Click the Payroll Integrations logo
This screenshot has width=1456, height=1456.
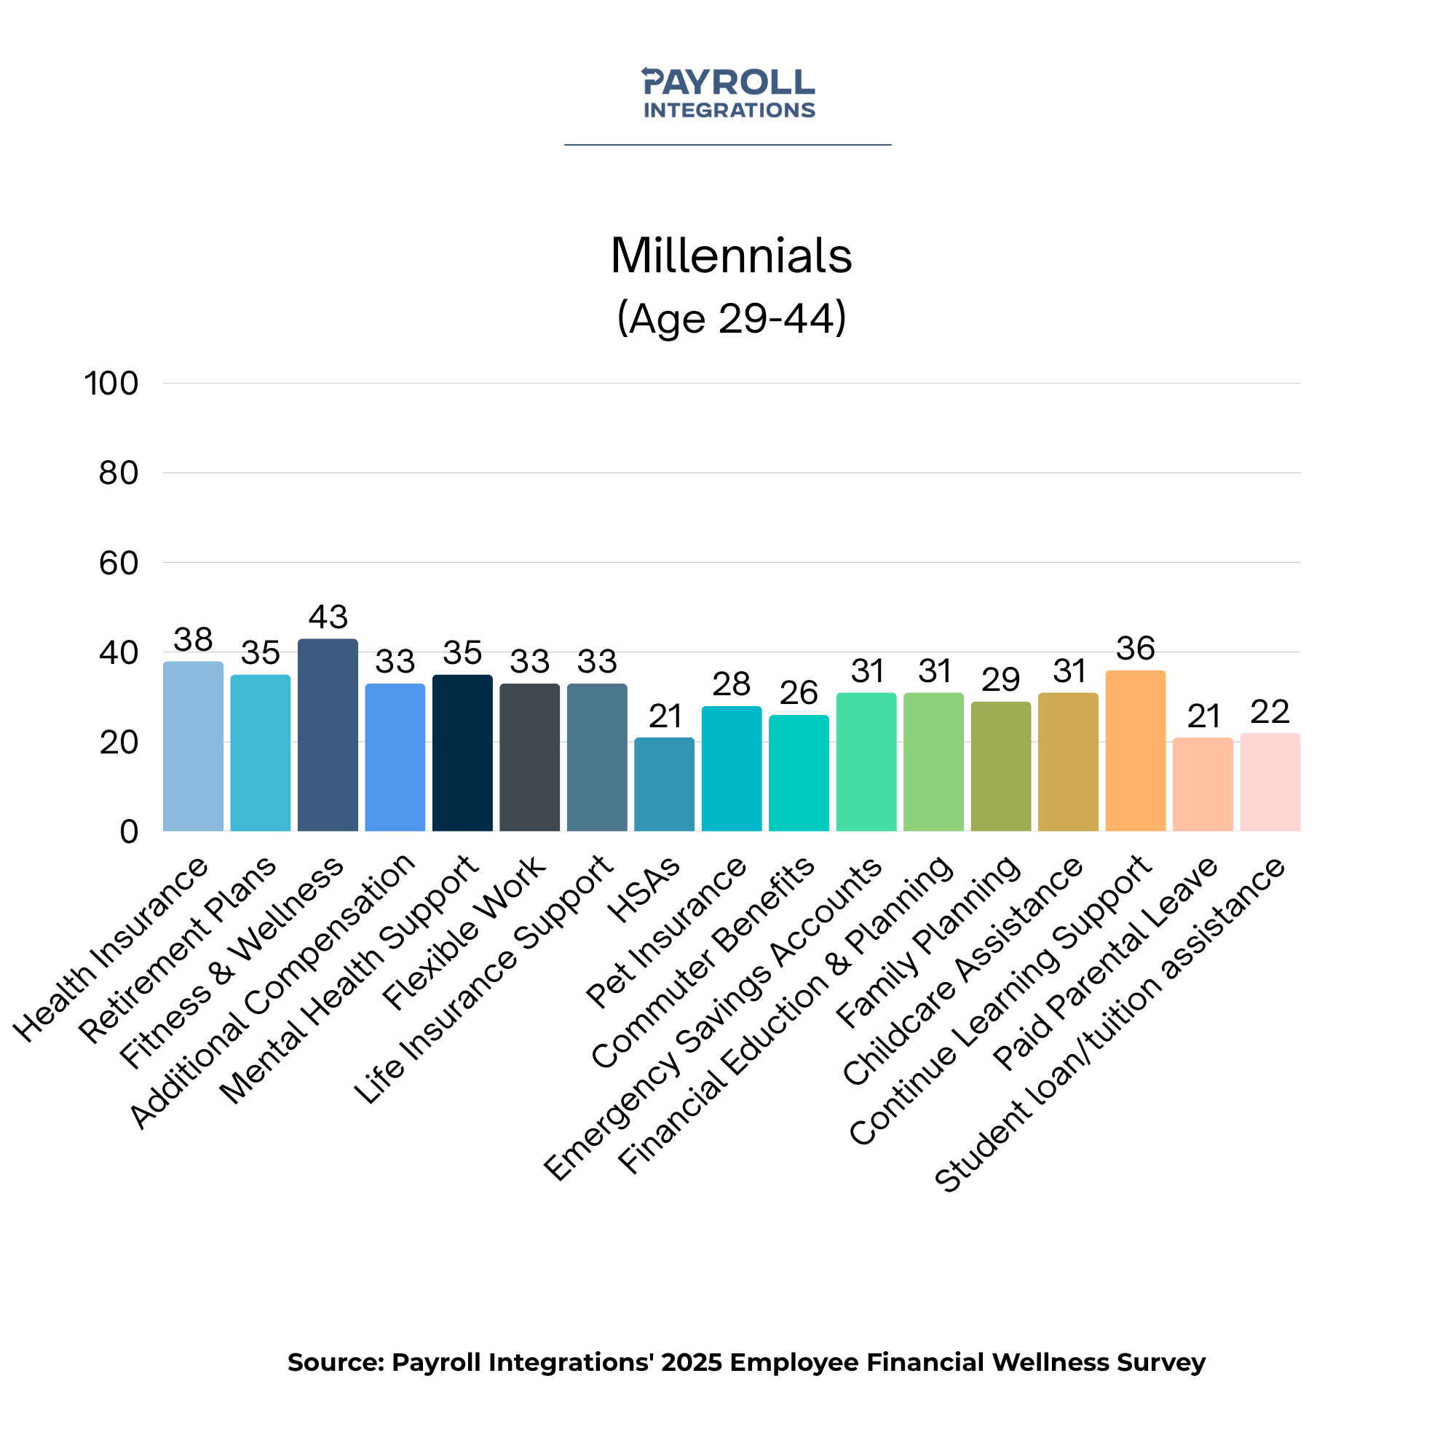[x=728, y=92]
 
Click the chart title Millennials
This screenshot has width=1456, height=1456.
[x=730, y=256]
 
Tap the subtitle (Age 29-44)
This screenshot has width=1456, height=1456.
[x=731, y=318]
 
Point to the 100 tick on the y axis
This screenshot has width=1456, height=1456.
[x=111, y=384]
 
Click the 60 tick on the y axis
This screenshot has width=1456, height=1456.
[x=119, y=563]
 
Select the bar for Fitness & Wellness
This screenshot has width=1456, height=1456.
[x=328, y=735]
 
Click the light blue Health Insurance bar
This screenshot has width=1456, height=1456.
[x=193, y=746]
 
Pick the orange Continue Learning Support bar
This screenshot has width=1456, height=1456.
[x=1135, y=751]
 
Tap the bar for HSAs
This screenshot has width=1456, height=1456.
[x=664, y=785]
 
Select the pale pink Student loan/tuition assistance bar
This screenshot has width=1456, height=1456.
[x=1270, y=783]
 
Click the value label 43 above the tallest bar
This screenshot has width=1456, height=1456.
[x=328, y=617]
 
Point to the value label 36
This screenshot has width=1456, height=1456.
[x=1135, y=648]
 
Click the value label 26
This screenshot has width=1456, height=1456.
[x=798, y=692]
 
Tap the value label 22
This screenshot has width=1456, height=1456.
[x=1270, y=711]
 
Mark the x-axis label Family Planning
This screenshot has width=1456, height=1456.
[x=928, y=942]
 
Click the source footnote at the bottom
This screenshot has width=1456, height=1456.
[x=746, y=1362]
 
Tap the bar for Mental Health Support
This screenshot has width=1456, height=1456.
[x=462, y=752]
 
